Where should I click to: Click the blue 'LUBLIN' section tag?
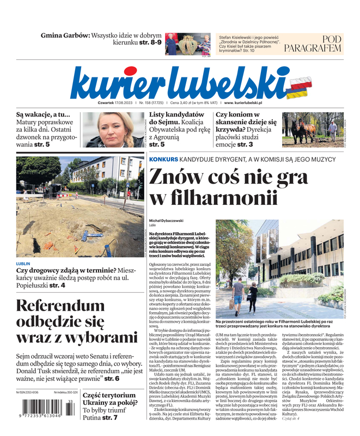pos(23,263)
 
